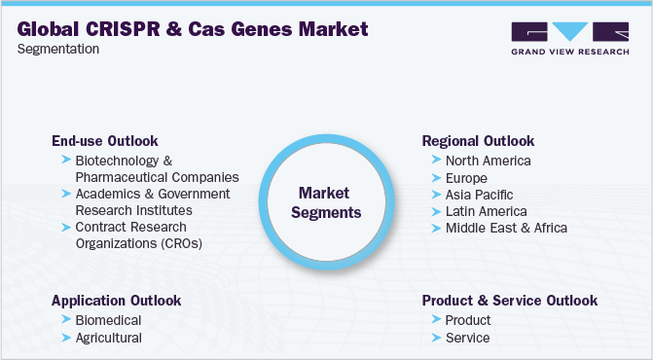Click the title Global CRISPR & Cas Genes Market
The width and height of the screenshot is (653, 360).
coord(193,29)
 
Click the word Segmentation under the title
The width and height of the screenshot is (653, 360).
coord(58,50)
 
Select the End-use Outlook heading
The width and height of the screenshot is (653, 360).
coord(104,141)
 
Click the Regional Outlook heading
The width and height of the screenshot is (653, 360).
coord(478,141)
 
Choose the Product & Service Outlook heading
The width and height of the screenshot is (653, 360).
coord(509,301)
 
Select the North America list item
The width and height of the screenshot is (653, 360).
coord(488,161)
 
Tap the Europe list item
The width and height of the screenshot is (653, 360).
coord(466,178)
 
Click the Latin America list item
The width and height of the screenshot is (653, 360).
coord(486,211)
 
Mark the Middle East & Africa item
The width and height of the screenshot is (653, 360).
coord(506,229)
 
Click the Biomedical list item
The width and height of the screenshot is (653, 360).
coord(108,320)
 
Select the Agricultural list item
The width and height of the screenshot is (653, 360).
coord(108,338)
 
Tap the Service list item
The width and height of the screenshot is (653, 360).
coord(467,338)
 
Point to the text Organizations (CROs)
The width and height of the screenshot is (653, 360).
coord(138,243)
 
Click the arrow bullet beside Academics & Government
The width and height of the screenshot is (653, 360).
coord(65,194)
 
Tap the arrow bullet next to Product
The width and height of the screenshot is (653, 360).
coord(435,320)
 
